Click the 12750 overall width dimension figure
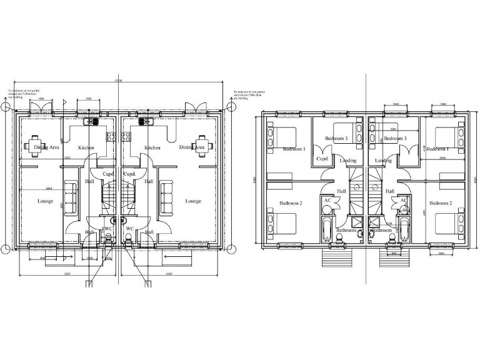point(118,82)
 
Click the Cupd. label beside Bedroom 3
point(323,159)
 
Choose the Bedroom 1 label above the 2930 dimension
point(438,149)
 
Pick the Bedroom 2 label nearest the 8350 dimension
point(291,203)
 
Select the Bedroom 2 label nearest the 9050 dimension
point(440,203)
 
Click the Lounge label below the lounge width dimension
point(46,201)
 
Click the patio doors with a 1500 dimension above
point(40,107)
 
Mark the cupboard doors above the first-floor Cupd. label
point(323,150)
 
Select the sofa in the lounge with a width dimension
point(70,196)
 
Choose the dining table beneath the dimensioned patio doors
point(34,144)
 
